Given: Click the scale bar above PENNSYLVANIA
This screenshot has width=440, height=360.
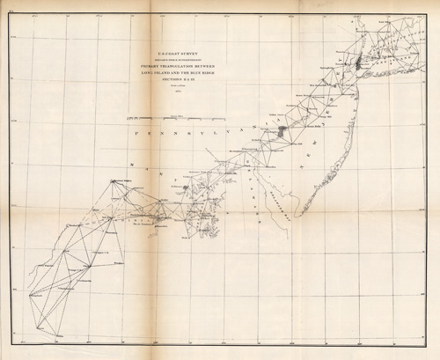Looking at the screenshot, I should [x=176, y=118].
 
